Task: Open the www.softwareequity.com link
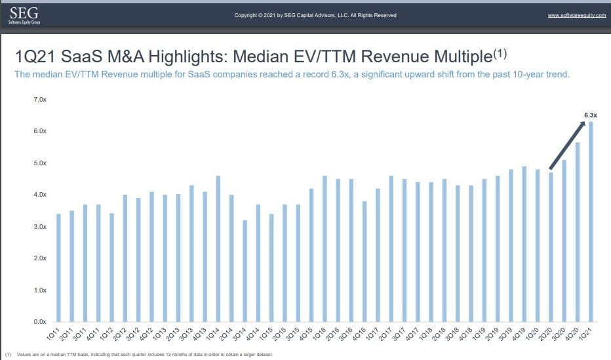click(576, 15)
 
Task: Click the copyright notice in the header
click(315, 15)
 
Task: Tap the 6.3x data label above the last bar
click(590, 115)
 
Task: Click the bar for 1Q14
click(218, 249)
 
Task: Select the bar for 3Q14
click(245, 271)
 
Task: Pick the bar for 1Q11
click(58, 268)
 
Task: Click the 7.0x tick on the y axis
click(39, 100)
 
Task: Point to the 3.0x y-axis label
click(39, 227)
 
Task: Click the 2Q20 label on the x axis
click(549, 334)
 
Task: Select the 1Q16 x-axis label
click(323, 334)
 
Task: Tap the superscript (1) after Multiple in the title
click(501, 51)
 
